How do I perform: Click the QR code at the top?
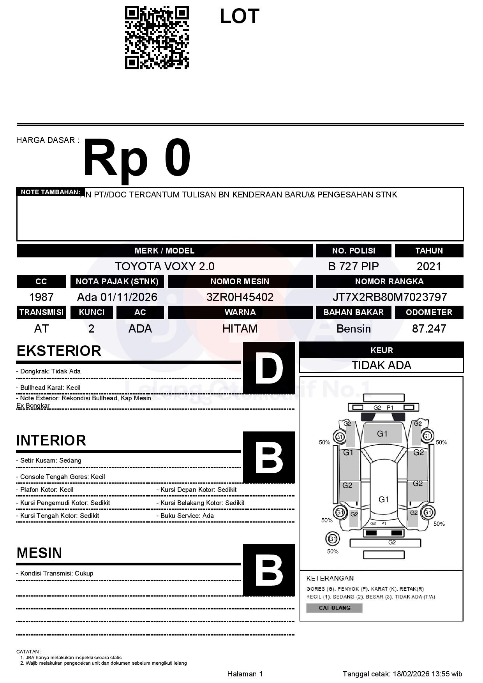click(x=157, y=38)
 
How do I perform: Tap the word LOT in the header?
click(x=239, y=16)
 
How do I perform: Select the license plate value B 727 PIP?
click(x=353, y=266)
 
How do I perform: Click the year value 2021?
click(x=429, y=266)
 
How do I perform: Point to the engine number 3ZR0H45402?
click(x=240, y=297)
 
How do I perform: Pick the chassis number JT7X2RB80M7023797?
click(x=390, y=297)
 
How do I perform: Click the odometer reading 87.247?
click(x=429, y=329)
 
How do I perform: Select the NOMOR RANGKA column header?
click(x=390, y=282)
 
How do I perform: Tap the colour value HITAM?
click(x=240, y=329)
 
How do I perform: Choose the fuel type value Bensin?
click(x=353, y=329)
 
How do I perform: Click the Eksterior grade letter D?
click(x=269, y=368)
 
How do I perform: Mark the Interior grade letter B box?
click(x=269, y=457)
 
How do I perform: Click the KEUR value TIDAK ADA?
click(x=381, y=365)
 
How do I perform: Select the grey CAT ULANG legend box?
click(x=334, y=608)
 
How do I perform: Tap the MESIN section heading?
click(x=39, y=553)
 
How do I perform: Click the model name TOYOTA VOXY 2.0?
click(x=164, y=266)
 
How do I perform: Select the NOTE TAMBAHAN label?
click(x=50, y=192)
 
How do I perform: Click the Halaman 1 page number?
click(x=245, y=674)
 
